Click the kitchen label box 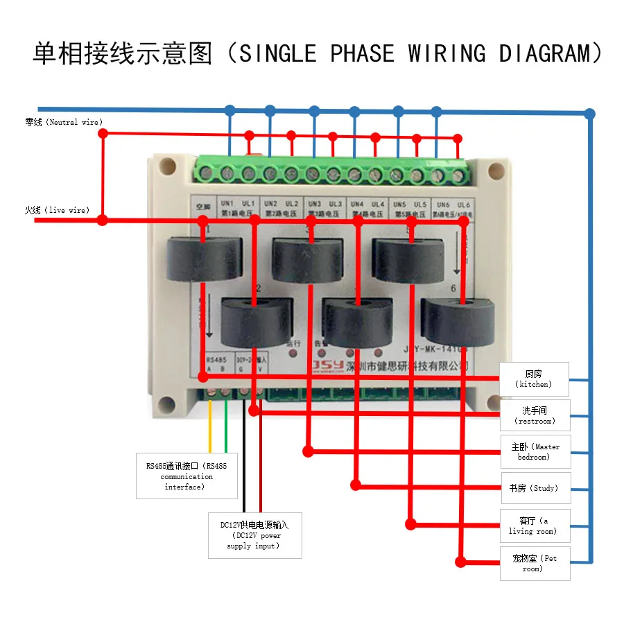pyautogui.click(x=535, y=379)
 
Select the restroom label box pyautogui.click(x=535, y=415)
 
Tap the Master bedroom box pyautogui.click(x=535, y=451)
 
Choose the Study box pyautogui.click(x=535, y=488)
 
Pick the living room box pyautogui.click(x=535, y=526)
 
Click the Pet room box pyautogui.click(x=535, y=563)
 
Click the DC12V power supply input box pyautogui.click(x=254, y=535)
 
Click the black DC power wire pyautogui.click(x=243, y=458)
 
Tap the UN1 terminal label pyautogui.click(x=227, y=203)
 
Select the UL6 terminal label pyautogui.click(x=464, y=205)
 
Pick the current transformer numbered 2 pyautogui.click(x=257, y=321)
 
